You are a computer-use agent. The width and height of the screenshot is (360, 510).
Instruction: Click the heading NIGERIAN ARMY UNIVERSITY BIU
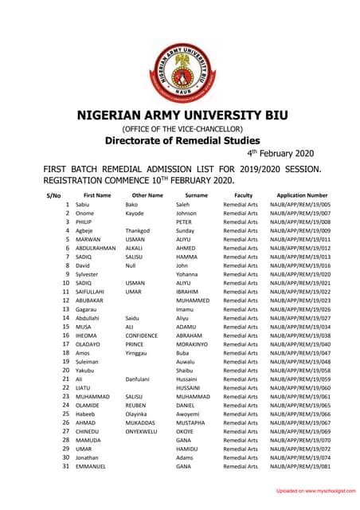tap(181, 115)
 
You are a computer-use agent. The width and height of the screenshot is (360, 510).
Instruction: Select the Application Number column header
tap(302, 195)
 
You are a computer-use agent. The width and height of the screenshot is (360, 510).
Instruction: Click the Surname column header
tap(196, 195)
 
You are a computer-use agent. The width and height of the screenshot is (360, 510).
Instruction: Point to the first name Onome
tap(84, 214)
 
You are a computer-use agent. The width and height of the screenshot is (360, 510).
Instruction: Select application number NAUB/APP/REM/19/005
tap(300, 205)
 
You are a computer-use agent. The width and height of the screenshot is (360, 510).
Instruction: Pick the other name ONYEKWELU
tap(143, 431)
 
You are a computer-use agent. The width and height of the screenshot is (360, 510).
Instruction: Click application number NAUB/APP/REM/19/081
tap(300, 465)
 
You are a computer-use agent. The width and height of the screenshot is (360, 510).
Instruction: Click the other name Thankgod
tap(138, 231)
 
